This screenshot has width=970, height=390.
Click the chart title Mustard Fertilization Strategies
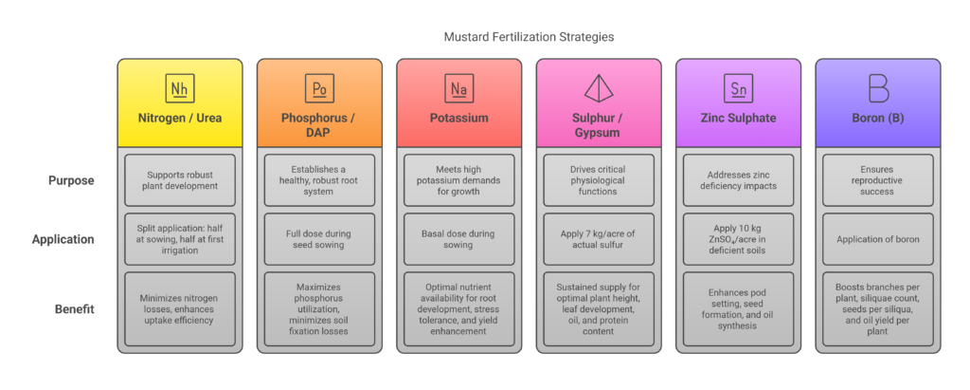pos(529,37)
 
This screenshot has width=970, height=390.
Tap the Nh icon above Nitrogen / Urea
pos(180,88)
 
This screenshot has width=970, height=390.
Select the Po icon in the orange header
pos(319,88)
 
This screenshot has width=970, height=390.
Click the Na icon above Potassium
pos(459,88)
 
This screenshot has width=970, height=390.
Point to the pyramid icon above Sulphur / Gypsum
pos(599,88)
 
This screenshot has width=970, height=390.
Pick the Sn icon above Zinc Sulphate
pos(738,88)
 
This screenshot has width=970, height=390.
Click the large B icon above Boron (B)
pos(878,88)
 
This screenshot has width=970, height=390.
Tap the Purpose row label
pos(72,180)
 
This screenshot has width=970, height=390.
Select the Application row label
pos(63,239)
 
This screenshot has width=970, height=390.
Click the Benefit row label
pos(74,308)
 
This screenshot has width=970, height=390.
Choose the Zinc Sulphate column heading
pos(738,118)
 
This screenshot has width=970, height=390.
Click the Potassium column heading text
pos(459,118)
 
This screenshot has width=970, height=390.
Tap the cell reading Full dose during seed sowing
pos(319,239)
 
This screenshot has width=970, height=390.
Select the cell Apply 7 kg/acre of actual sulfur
pos(599,239)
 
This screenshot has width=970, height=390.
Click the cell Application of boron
pos(878,239)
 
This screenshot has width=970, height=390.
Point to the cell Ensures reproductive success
pos(878,180)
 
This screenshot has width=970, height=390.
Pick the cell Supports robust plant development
pos(180,180)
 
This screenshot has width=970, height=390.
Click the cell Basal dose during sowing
pos(459,239)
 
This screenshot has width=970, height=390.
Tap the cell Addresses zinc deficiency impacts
pos(738,180)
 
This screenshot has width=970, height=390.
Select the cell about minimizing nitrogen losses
pos(180,308)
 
